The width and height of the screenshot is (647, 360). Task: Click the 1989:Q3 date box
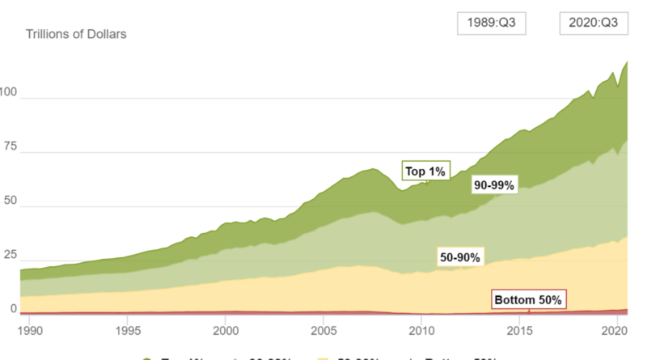click(x=491, y=23)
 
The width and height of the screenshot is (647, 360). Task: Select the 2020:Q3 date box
click(x=594, y=23)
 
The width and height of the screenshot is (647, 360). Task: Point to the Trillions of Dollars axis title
click(x=76, y=35)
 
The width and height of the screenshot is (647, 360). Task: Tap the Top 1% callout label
click(x=425, y=171)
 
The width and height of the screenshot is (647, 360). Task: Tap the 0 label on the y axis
click(x=13, y=309)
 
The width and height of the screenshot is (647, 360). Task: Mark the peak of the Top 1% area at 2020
click(x=628, y=62)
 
